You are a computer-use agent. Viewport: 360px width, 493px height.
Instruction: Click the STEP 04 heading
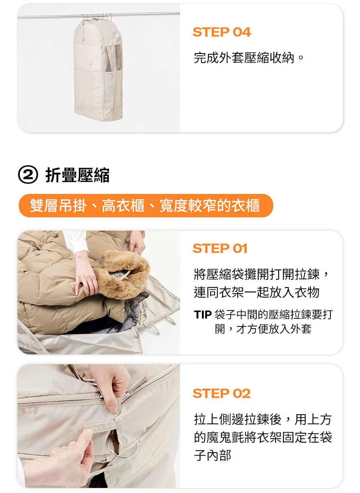click(222, 32)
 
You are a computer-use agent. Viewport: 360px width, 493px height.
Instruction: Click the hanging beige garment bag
click(98, 69)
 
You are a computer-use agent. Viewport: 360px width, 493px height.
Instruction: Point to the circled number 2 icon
click(28, 175)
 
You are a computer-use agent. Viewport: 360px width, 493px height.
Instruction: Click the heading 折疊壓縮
click(77, 175)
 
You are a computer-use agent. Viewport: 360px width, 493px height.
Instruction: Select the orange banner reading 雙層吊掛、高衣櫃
click(146, 205)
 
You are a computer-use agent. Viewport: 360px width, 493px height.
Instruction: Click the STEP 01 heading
click(220, 249)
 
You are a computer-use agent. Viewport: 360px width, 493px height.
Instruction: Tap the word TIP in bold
click(203, 315)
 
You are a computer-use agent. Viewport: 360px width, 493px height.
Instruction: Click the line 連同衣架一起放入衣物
click(257, 292)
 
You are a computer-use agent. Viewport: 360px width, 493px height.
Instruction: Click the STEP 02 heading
click(221, 394)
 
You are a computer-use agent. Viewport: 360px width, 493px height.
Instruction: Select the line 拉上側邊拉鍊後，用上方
click(263, 419)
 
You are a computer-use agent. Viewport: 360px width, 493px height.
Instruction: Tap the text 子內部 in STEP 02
click(212, 455)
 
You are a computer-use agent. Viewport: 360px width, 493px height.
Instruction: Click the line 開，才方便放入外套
click(263, 329)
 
